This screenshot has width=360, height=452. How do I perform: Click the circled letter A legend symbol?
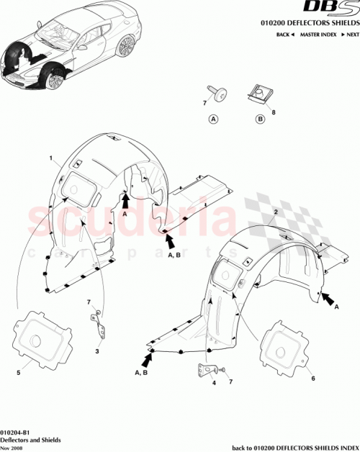(x=214, y=119)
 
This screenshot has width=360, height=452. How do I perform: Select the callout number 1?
(x=50, y=158)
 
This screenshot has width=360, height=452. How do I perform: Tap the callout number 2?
(x=276, y=212)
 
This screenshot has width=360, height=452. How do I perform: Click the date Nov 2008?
(x=11, y=446)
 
